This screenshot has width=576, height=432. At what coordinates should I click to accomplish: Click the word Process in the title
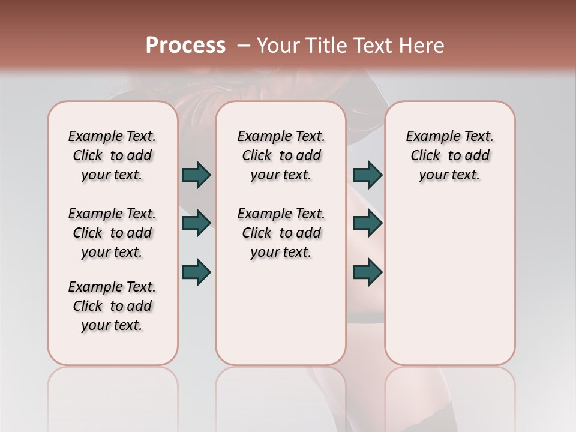pyautogui.click(x=185, y=45)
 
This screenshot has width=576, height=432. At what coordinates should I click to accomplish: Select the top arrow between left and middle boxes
pyautogui.click(x=196, y=175)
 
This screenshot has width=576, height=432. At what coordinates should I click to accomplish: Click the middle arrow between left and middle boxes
pyautogui.click(x=196, y=223)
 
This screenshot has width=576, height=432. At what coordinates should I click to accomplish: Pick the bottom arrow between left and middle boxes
pyautogui.click(x=196, y=272)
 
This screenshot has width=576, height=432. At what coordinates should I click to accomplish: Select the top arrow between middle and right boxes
pyautogui.click(x=368, y=175)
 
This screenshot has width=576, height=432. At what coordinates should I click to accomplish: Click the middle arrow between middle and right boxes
pyautogui.click(x=368, y=223)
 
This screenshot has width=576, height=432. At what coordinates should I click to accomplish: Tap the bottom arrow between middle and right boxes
pyautogui.click(x=368, y=272)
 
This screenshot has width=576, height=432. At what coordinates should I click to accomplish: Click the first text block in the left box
pyautogui.click(x=112, y=155)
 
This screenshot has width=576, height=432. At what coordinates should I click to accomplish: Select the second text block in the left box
pyautogui.click(x=112, y=233)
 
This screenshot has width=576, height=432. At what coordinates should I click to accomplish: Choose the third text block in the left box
pyautogui.click(x=112, y=306)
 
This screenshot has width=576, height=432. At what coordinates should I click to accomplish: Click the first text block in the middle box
pyautogui.click(x=281, y=155)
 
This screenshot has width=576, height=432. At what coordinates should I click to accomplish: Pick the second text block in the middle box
pyautogui.click(x=281, y=233)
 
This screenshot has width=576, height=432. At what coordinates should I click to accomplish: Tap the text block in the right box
pyautogui.click(x=449, y=155)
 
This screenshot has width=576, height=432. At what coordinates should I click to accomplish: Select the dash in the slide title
pyautogui.click(x=244, y=46)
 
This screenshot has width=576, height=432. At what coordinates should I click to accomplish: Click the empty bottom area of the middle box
pyautogui.click(x=281, y=318)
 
